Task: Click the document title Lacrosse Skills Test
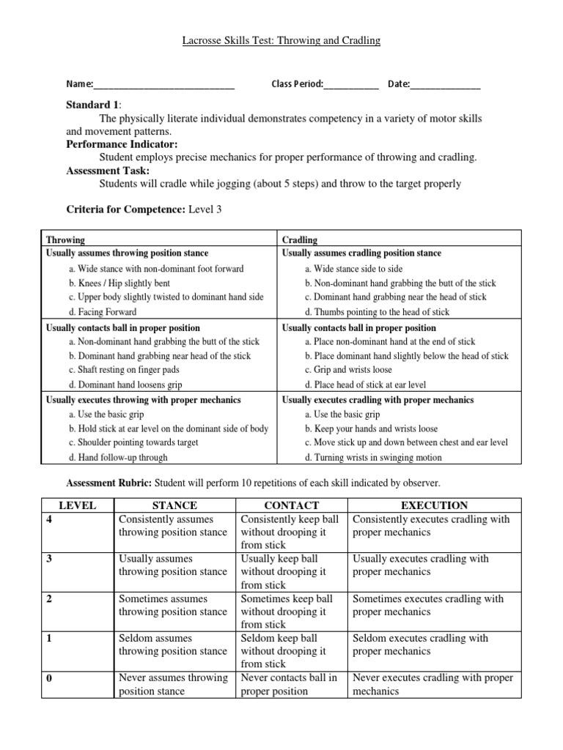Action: click(x=281, y=41)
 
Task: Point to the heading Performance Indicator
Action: click(x=122, y=144)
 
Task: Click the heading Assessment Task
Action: click(x=108, y=171)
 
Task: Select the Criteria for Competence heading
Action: click(x=125, y=209)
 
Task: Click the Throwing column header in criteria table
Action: click(x=65, y=240)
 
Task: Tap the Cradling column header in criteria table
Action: click(x=300, y=240)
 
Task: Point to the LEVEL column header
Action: click(x=77, y=505)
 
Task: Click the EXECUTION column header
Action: click(x=435, y=505)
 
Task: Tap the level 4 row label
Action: click(x=50, y=519)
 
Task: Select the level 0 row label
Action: click(x=50, y=678)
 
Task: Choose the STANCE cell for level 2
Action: click(x=173, y=605)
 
